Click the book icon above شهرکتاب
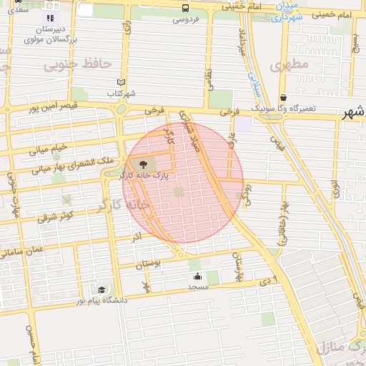[121, 82]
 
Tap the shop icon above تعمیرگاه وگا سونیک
[284, 98]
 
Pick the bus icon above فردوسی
[185, 8]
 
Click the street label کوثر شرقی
[56, 213]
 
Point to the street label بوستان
[149, 264]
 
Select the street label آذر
[137, 235]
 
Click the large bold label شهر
[353, 113]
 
